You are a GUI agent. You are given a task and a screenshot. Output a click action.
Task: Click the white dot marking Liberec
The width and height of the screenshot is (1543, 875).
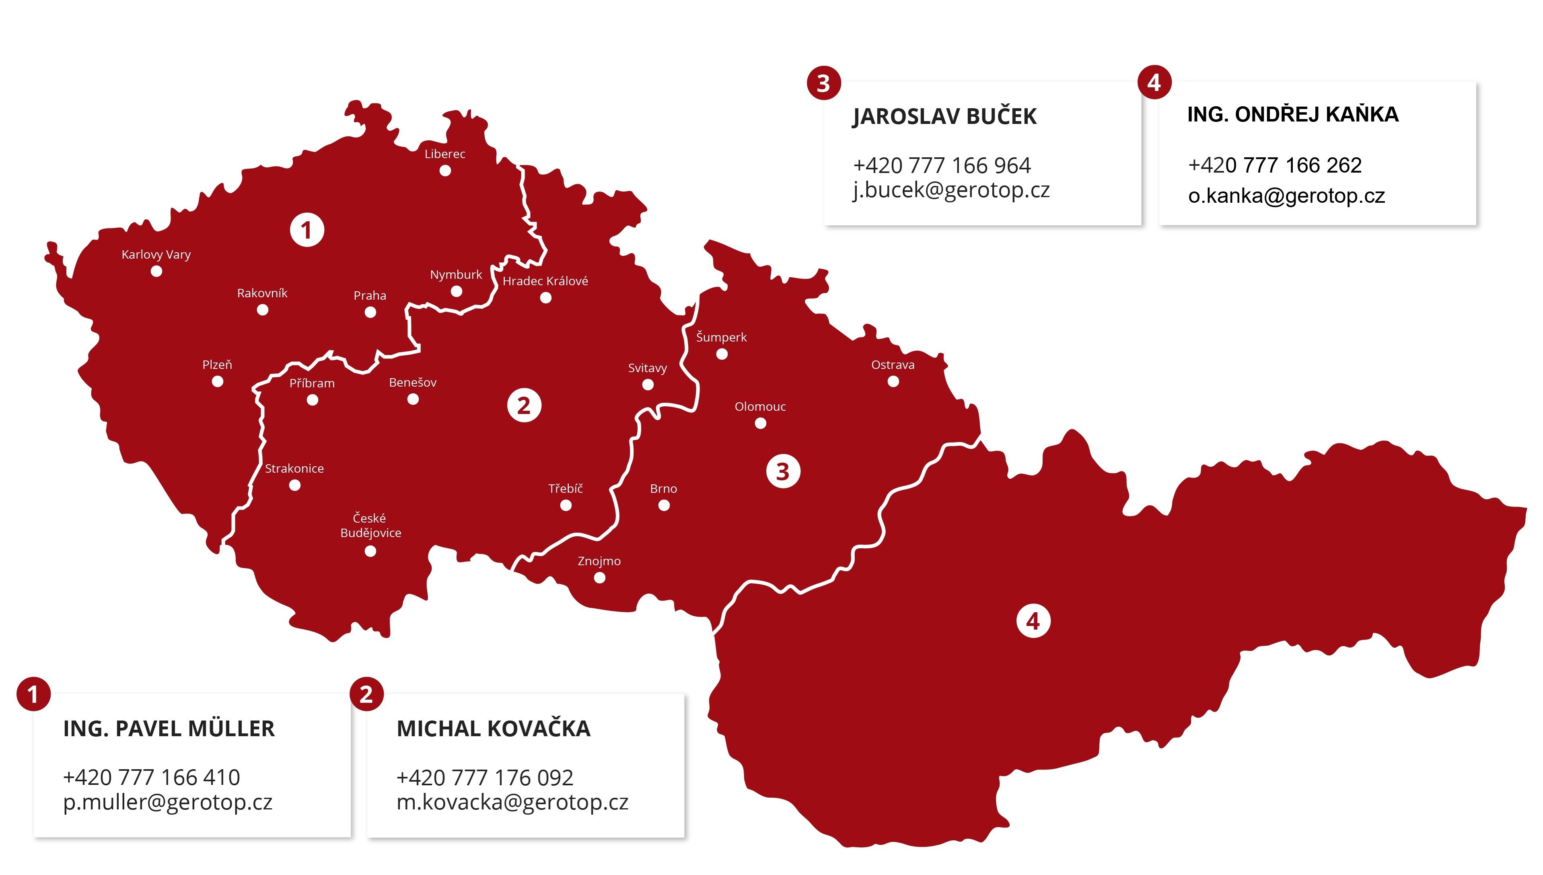click(445, 171)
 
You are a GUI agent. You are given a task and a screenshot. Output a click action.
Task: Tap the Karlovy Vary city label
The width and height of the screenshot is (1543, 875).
click(156, 255)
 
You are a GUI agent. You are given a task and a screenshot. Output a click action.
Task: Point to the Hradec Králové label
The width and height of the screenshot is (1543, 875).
click(545, 281)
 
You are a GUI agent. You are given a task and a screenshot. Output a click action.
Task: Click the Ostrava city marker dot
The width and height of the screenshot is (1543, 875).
click(893, 382)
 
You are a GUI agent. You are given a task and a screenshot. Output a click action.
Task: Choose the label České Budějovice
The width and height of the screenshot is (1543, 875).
click(370, 526)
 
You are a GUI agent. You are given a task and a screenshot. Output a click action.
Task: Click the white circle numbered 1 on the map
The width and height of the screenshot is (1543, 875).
click(307, 230)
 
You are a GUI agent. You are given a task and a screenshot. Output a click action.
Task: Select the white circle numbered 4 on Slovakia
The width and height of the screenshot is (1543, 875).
click(1033, 622)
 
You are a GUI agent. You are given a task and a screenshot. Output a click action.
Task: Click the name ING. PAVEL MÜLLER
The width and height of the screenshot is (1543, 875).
click(169, 729)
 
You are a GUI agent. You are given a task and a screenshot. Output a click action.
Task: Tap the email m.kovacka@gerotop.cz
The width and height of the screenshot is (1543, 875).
click(512, 802)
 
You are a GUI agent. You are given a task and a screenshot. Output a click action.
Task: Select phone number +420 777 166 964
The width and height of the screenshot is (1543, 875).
click(942, 165)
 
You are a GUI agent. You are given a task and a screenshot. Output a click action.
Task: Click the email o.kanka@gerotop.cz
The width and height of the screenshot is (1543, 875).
click(1286, 196)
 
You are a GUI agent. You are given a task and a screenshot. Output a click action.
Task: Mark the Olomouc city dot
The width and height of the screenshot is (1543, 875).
click(761, 424)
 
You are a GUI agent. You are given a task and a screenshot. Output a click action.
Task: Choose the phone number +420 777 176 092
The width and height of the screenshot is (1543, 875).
click(485, 778)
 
